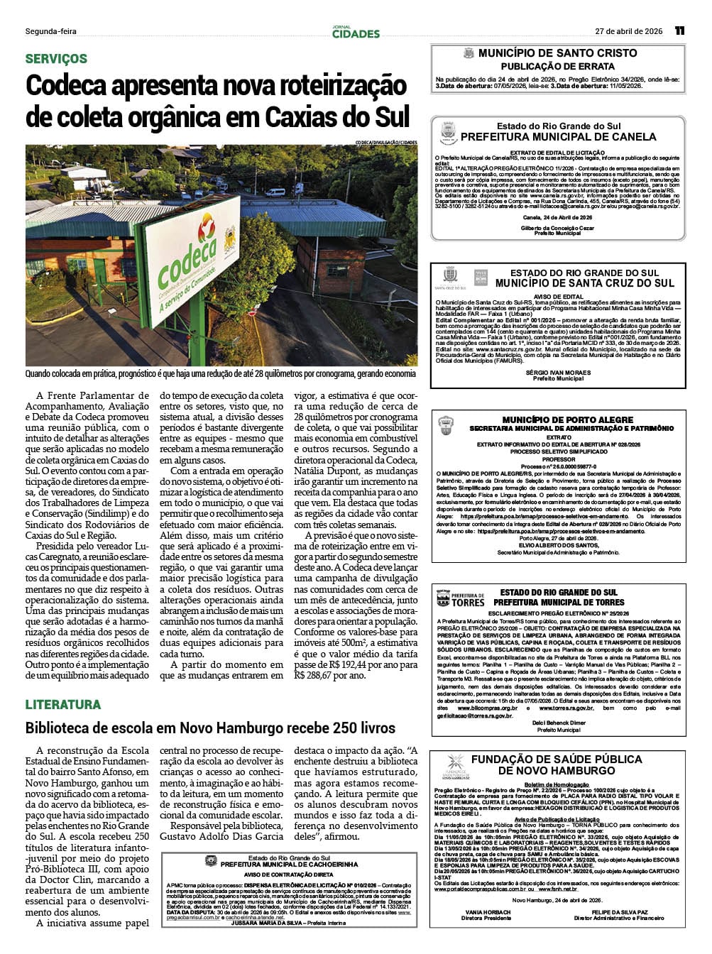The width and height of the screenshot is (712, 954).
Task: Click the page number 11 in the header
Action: pos(679,31)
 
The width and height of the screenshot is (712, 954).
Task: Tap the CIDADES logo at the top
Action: pos(356,33)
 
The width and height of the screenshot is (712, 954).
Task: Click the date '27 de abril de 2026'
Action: pos(628,31)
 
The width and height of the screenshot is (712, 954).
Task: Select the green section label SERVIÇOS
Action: pos(56,59)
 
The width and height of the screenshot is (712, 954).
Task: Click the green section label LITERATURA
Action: pos(63,704)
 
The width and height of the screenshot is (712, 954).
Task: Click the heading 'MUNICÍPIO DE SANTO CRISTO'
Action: pos(557,53)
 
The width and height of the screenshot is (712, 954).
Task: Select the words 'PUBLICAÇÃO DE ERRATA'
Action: pos(558,67)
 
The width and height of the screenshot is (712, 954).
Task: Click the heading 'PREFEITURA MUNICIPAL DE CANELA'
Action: pos(558,136)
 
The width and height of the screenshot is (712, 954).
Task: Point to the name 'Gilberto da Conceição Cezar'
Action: pos(557,228)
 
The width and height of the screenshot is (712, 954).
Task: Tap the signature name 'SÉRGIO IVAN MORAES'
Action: pos(558,373)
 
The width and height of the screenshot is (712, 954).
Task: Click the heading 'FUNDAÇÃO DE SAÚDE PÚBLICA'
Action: pos(557,759)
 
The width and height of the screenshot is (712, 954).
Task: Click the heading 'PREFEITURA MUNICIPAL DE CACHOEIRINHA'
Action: pos(289,865)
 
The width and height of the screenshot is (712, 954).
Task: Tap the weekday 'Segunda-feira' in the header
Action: pos(50,31)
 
